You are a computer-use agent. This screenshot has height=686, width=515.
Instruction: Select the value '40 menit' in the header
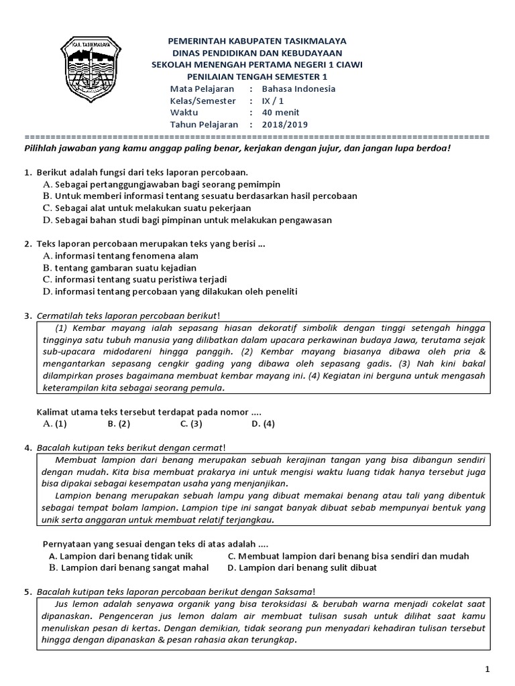[280, 112]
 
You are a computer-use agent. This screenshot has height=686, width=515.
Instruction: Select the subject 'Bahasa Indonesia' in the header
[298, 88]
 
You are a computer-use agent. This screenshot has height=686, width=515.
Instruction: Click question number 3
[27, 316]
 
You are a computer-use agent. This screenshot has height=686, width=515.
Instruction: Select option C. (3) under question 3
[191, 423]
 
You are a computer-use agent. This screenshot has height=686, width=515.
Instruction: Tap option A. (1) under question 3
[54, 423]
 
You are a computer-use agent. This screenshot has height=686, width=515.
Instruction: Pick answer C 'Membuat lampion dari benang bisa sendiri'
[348, 556]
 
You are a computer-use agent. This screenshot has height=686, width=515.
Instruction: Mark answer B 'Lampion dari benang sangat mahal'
[128, 567]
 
